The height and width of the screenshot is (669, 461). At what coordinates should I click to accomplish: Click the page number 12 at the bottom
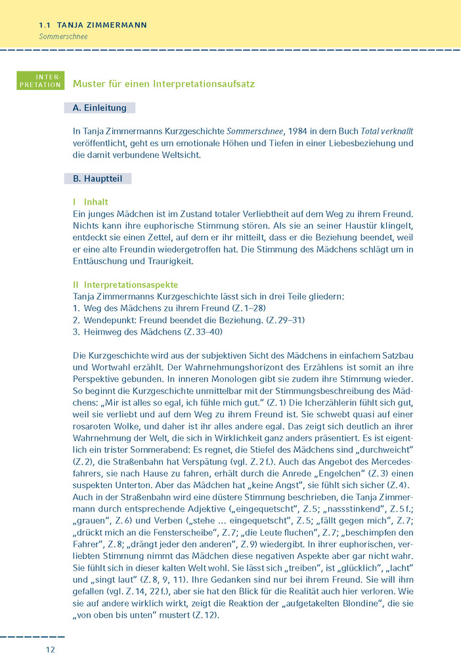(x=51, y=649)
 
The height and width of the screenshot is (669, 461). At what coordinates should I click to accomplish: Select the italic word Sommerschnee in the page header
(x=63, y=37)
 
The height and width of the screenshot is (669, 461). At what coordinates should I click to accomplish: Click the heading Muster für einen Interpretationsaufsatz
(x=164, y=85)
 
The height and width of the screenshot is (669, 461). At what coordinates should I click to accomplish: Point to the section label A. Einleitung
(x=100, y=108)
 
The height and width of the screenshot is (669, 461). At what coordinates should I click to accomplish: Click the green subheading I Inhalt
(x=91, y=202)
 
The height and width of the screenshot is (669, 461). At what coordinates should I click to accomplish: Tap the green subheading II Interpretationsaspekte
(x=125, y=285)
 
